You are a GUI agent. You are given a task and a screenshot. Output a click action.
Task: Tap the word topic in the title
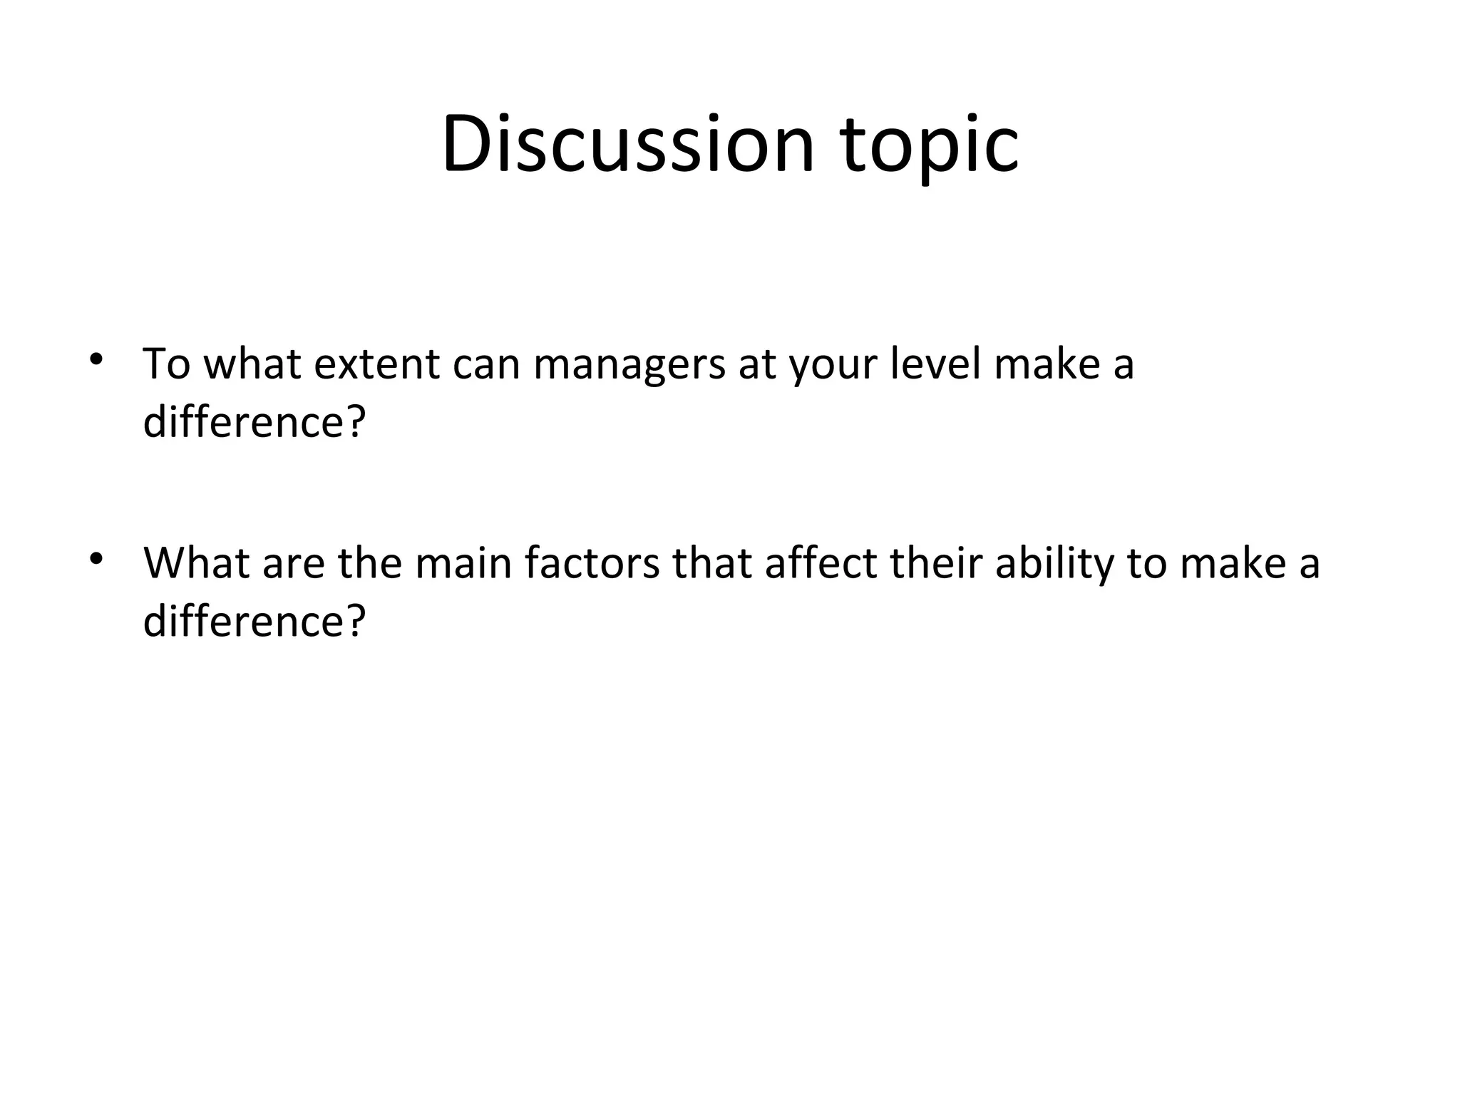930,146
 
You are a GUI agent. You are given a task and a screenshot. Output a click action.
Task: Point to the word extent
376,364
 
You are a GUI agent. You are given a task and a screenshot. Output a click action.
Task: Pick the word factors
592,562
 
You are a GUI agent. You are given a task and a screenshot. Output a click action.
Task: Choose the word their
936,562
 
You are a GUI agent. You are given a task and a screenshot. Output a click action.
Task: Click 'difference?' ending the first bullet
254,421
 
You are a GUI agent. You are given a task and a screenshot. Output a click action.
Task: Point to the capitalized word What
196,562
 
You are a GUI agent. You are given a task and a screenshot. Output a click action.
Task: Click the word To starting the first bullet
167,364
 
